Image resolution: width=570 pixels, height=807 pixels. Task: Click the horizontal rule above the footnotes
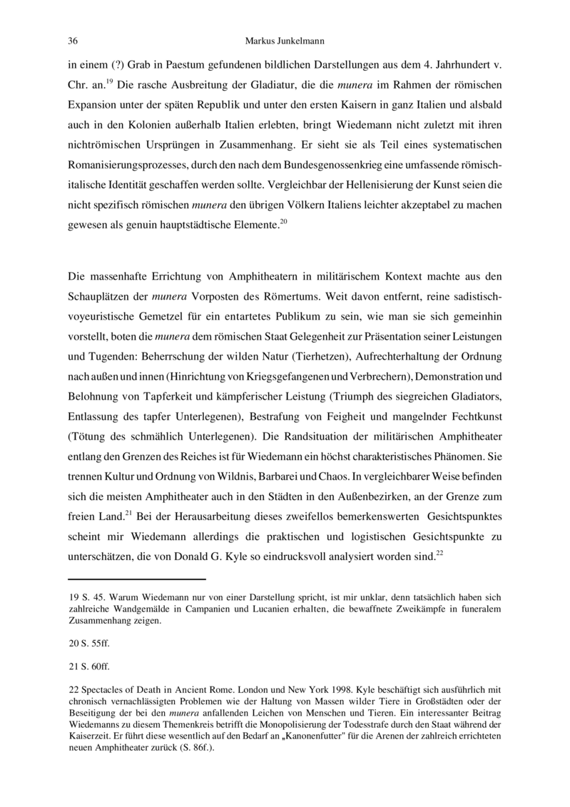136,579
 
